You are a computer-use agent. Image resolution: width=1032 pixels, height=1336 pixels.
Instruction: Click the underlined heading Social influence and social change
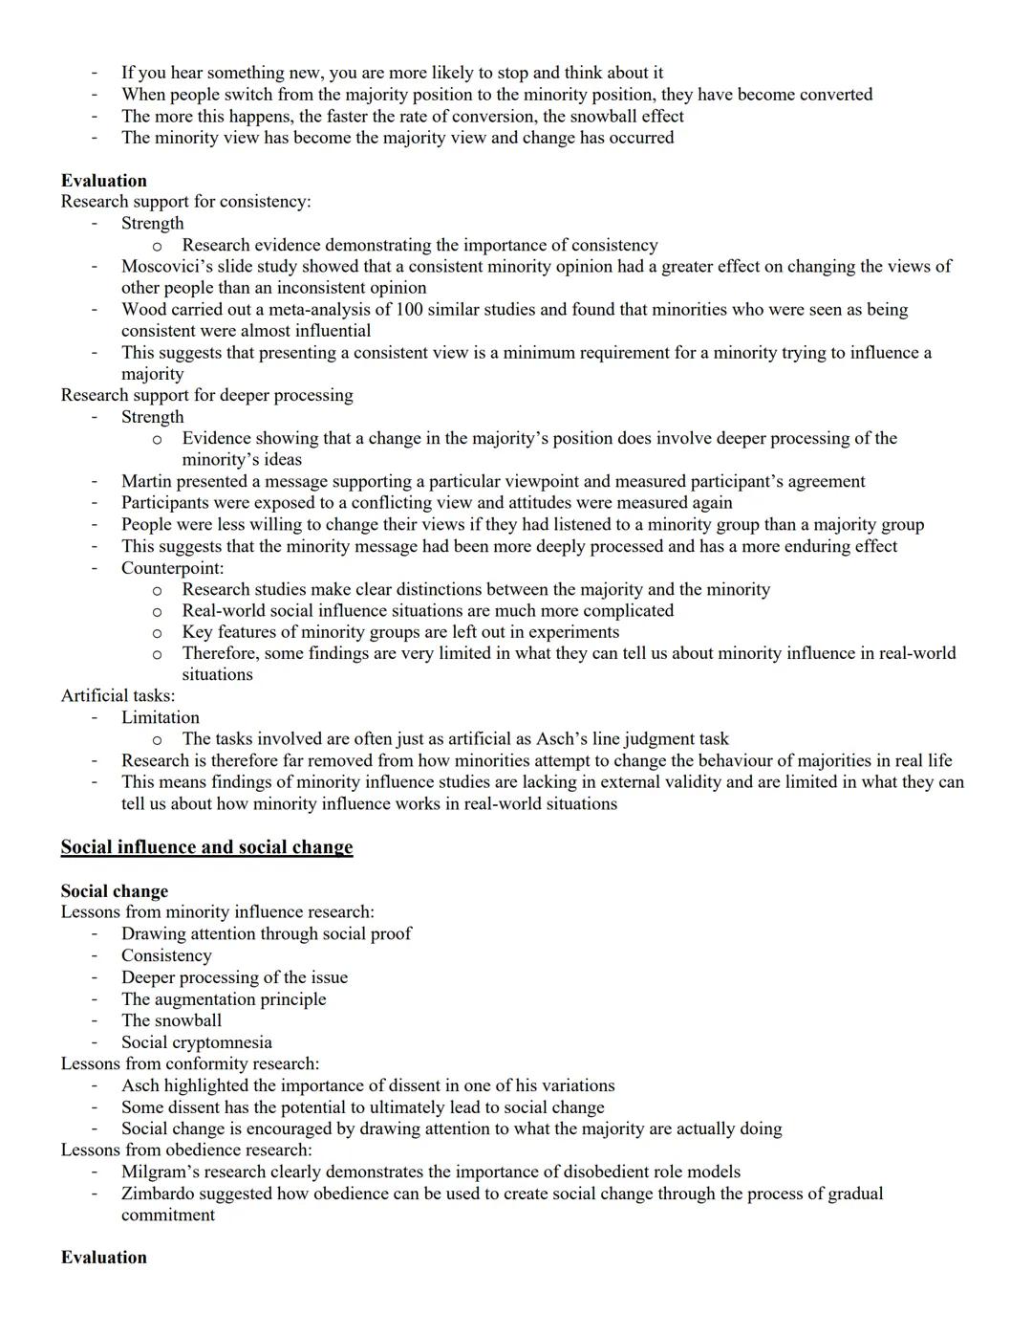pos(206,847)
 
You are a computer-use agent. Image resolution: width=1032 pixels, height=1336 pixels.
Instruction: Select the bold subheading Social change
pos(114,891)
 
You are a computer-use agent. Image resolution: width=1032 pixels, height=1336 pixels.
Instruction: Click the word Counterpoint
pos(171,568)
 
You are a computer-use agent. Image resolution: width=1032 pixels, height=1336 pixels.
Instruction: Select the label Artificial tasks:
pos(118,695)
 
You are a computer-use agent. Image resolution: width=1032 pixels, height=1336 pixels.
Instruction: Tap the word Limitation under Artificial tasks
pos(160,717)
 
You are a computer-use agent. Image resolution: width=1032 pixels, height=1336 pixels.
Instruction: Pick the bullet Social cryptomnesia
pos(196,1042)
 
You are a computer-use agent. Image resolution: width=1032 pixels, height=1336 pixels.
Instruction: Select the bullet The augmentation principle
pos(224,998)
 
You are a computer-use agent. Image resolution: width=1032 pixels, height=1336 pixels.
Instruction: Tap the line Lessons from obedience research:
pos(185,1150)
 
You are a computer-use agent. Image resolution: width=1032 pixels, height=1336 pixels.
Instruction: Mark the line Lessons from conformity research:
pos(189,1063)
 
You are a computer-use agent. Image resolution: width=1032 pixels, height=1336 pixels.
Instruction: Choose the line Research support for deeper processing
pos(206,395)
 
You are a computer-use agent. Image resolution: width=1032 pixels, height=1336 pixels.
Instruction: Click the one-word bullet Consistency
pos(166,955)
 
